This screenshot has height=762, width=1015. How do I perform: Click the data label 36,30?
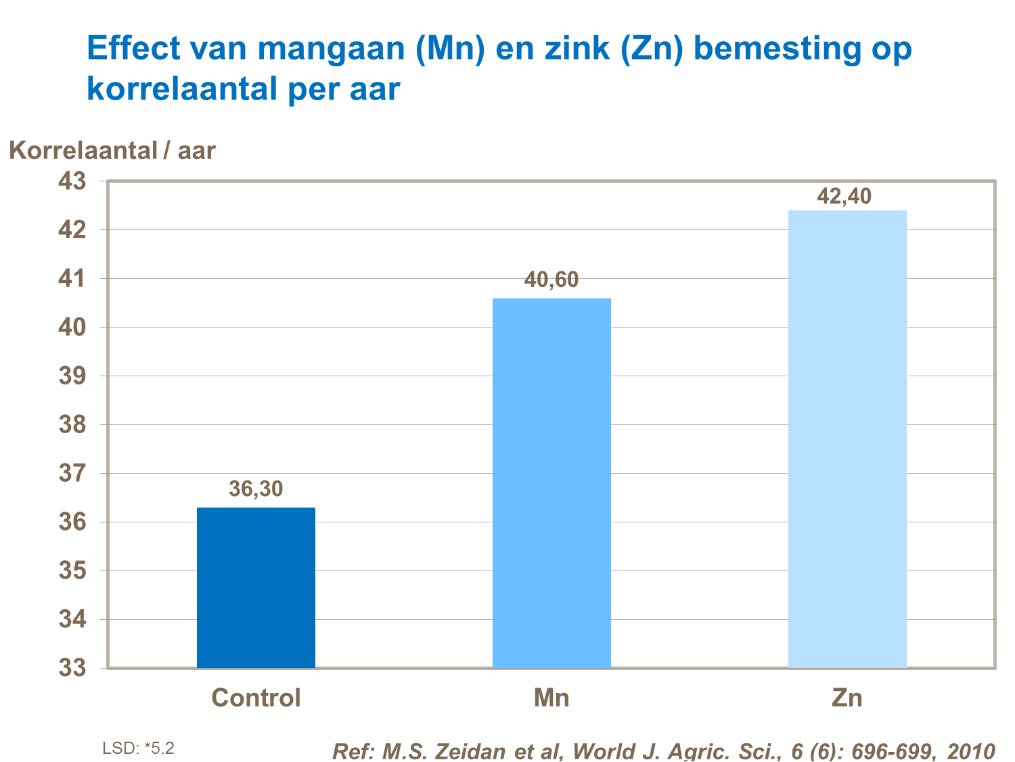pos(256,489)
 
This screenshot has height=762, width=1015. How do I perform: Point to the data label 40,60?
pos(551,279)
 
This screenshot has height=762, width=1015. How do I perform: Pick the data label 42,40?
pos(844,196)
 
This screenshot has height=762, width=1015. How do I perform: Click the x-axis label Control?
pos(256,698)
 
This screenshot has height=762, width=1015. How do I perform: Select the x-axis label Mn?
pos(551,698)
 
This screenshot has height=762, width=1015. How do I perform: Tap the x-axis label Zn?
pos(847,698)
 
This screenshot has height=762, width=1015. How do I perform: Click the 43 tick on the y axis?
pos(72,181)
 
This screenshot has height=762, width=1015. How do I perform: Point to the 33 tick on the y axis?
pos(72,668)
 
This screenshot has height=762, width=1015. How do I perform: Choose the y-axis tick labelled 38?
pos(72,425)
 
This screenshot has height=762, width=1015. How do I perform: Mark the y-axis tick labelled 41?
pos(72,279)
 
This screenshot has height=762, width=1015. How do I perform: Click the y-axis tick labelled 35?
pos(72,570)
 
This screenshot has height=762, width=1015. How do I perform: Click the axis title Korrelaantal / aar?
pos(112,150)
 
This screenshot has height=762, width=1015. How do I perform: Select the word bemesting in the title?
pos(777,49)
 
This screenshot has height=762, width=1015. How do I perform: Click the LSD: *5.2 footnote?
pos(138,748)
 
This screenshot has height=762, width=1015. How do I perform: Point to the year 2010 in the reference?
pos(971,751)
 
